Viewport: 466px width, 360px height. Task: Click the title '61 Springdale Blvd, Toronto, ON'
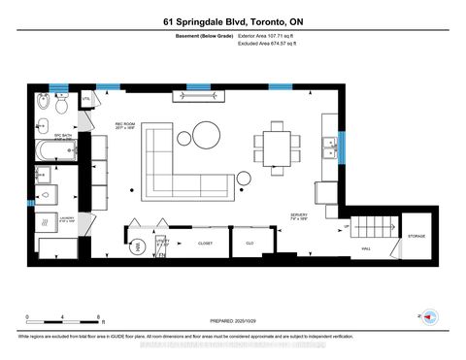click(x=233, y=20)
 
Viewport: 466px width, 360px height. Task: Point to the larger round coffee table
click(x=207, y=133)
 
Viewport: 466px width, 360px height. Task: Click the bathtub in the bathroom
click(x=53, y=151)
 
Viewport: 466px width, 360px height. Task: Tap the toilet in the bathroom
click(x=44, y=104)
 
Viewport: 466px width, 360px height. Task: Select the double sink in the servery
click(x=330, y=147)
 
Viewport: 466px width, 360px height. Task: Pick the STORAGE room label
click(x=416, y=236)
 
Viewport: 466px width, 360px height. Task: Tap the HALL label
click(x=367, y=248)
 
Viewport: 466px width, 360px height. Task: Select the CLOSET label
click(x=205, y=244)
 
